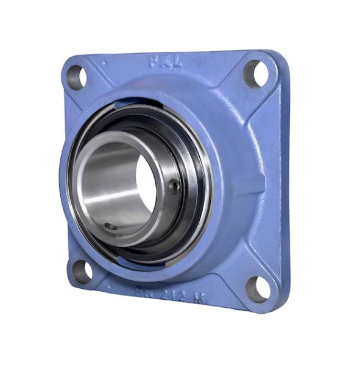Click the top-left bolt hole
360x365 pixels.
[76, 77]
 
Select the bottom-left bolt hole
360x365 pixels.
[82, 271]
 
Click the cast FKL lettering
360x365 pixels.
[161, 61]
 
